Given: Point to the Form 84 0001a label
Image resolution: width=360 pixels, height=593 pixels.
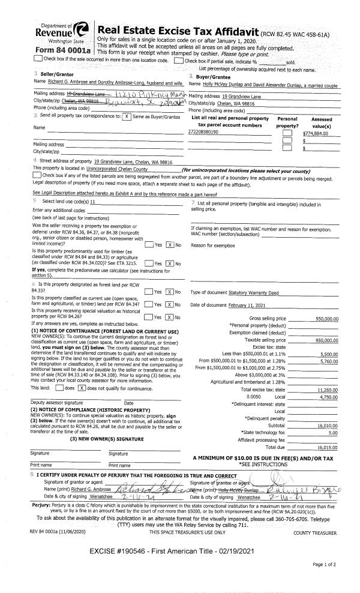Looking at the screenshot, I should click(x=55, y=50).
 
